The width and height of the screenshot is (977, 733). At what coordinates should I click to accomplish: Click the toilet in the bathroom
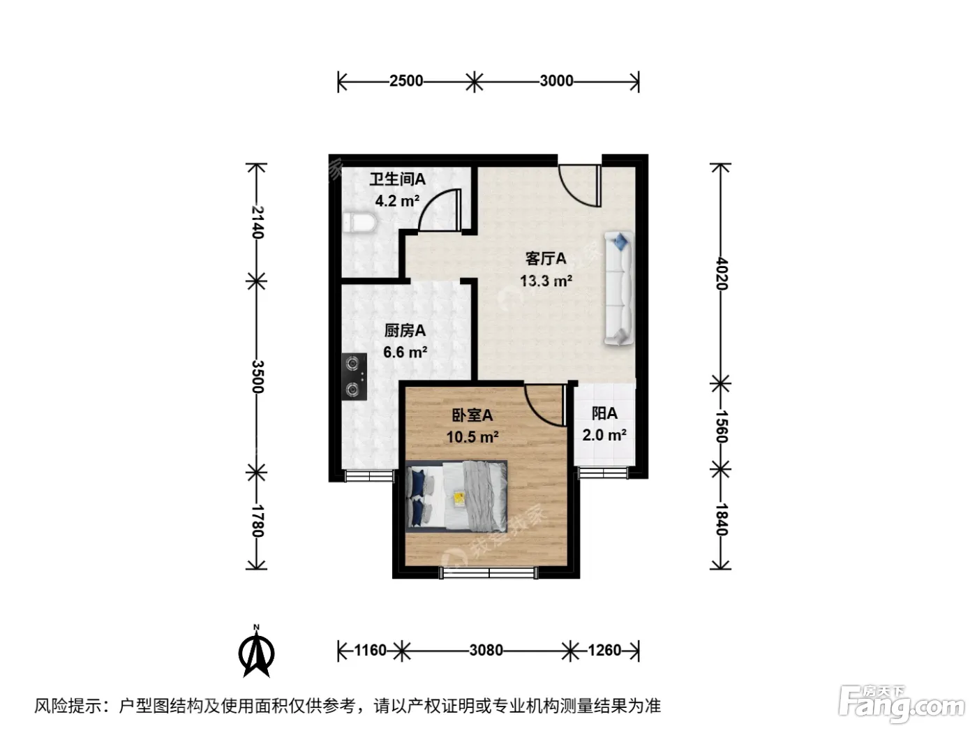pyautogui.click(x=359, y=223)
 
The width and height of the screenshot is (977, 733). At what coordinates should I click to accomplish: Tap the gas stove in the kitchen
pyautogui.click(x=355, y=376)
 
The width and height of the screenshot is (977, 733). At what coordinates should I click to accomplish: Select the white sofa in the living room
pyautogui.click(x=618, y=288)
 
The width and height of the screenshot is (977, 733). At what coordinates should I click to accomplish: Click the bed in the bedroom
pyautogui.click(x=456, y=496)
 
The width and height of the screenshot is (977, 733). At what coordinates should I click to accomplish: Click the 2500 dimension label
pyautogui.click(x=406, y=81)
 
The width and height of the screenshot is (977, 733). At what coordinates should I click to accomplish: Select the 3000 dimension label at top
pyautogui.click(x=556, y=81)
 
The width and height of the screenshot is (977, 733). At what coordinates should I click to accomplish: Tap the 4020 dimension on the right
pyautogui.click(x=721, y=274)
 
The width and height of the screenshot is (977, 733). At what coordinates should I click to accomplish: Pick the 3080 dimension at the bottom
pyautogui.click(x=486, y=651)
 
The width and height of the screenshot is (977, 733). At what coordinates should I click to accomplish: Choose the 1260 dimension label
pyautogui.click(x=604, y=651)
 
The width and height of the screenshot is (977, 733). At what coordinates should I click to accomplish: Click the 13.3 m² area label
pyautogui.click(x=546, y=281)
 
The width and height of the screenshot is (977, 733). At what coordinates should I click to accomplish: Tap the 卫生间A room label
pyautogui.click(x=398, y=179)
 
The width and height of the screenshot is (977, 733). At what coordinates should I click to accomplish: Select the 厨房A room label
pyautogui.click(x=405, y=331)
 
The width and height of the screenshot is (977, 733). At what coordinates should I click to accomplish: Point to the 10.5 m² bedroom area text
pyautogui.click(x=472, y=437)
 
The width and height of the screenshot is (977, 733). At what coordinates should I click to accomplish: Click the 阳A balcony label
pyautogui.click(x=604, y=414)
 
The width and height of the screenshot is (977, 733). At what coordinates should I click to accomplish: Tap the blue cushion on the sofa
pyautogui.click(x=620, y=242)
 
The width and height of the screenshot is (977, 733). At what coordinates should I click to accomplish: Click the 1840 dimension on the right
pyautogui.click(x=721, y=520)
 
